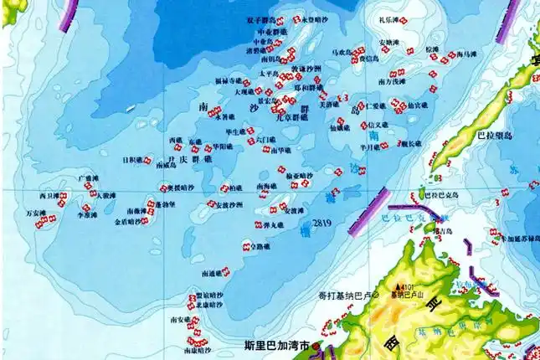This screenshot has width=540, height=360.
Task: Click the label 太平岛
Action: (x=267, y=74)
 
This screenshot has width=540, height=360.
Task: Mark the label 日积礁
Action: (x=131, y=159)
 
